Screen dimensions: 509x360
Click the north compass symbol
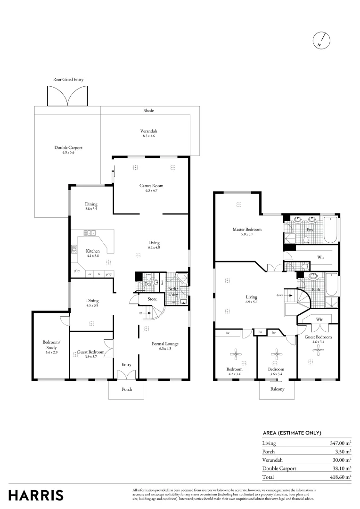click(x=320, y=41)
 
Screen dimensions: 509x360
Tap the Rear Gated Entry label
click(x=68, y=80)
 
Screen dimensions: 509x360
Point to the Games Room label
click(x=151, y=186)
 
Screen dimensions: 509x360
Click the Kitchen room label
click(x=92, y=251)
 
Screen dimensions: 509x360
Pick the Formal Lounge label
click(x=165, y=344)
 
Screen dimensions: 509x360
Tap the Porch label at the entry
click(x=127, y=389)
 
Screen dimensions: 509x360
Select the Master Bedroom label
click(x=246, y=230)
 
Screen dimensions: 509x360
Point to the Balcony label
click(x=277, y=389)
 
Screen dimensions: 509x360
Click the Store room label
click(x=152, y=299)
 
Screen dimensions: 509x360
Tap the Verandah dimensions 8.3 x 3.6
click(x=148, y=136)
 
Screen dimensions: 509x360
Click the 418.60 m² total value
click(x=338, y=477)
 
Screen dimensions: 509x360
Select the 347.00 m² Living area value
click(x=338, y=443)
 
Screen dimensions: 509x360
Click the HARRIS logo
click(x=36, y=495)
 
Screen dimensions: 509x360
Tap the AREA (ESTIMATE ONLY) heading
click(x=292, y=433)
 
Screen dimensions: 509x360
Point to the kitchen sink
click(x=90, y=233)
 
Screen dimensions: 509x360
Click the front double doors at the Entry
click(x=126, y=374)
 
